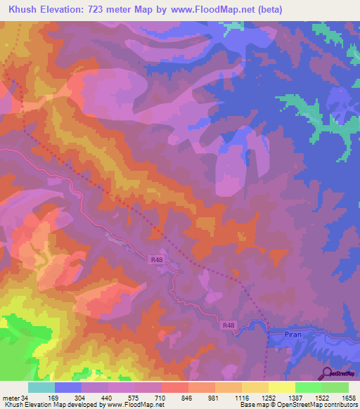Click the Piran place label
[x=293, y=335]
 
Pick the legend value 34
[x=25, y=398]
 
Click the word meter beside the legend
[x=11, y=398]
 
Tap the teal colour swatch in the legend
[x=41, y=387]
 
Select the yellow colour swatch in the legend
[x=281, y=387]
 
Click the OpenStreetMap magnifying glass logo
[x=327, y=372]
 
